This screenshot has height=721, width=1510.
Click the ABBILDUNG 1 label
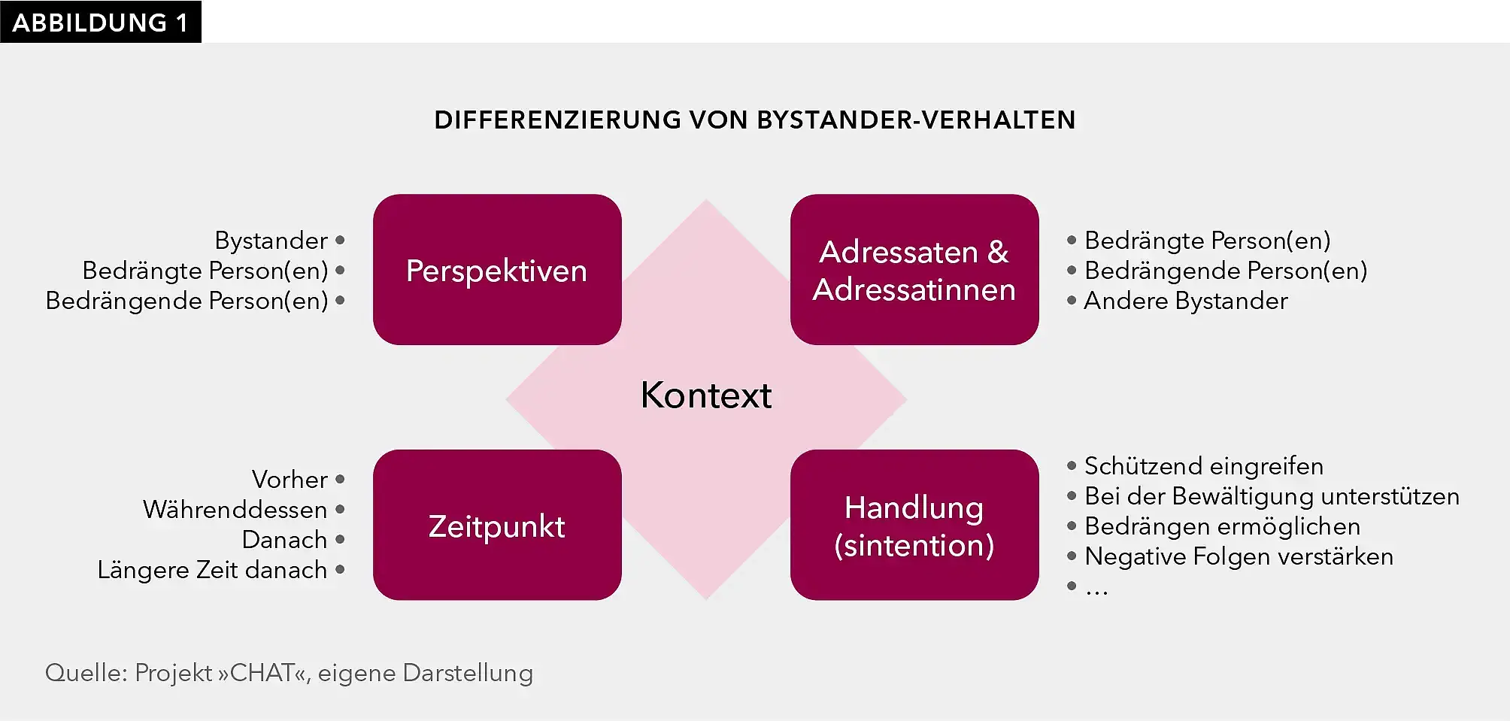tap(100, 23)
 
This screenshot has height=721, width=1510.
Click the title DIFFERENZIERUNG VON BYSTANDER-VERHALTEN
tap(754, 120)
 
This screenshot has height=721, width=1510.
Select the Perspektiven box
tap(497, 270)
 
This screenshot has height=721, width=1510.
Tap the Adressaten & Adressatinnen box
tap(914, 270)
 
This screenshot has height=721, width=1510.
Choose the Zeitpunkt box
tap(497, 526)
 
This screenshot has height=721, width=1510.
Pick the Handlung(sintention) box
tap(914, 526)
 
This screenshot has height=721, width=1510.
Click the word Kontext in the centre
tap(705, 395)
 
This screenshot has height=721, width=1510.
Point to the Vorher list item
tap(290, 480)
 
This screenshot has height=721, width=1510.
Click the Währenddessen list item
tap(235, 510)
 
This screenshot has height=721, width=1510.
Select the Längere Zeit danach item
tap(212, 570)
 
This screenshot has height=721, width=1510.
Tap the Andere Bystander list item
tap(1185, 301)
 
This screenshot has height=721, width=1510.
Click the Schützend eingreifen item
tap(1203, 466)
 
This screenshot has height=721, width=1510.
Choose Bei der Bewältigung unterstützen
tap(1272, 496)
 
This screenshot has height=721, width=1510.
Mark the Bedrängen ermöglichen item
tap(1222, 526)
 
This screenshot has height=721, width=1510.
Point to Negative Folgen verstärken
tap(1239, 556)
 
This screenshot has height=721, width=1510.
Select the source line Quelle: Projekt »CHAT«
tap(289, 673)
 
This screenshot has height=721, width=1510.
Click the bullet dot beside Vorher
tap(340, 479)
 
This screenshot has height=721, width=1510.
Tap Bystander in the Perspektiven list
tap(271, 241)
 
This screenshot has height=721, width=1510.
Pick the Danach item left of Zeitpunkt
tap(284, 540)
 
